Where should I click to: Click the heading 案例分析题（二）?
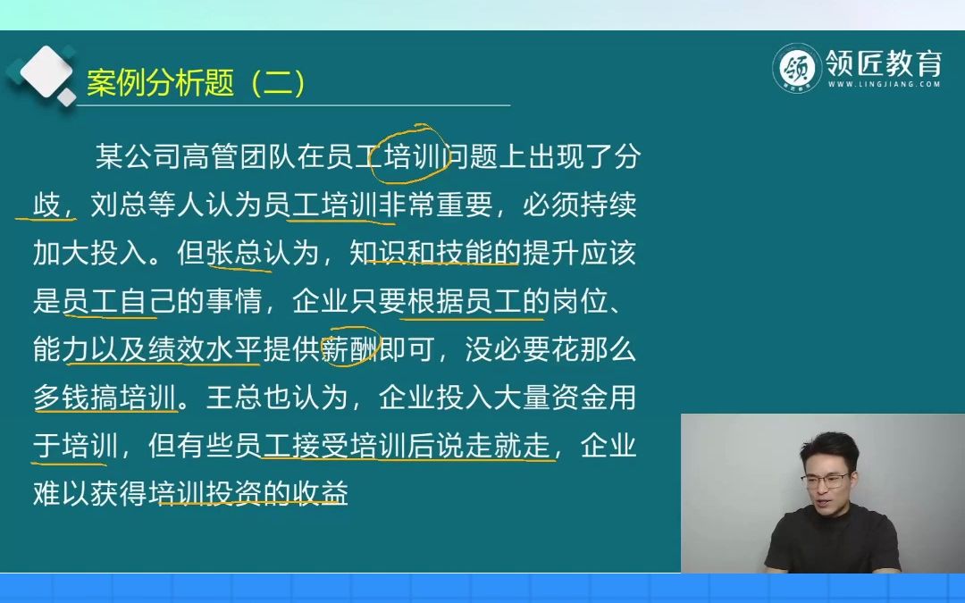coord(197,83)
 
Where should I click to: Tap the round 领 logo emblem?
coord(797,67)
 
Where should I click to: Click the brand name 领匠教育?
coord(882,63)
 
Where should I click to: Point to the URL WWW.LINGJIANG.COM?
coord(883,85)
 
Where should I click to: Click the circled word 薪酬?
coord(350,350)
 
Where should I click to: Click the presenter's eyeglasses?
coord(825,481)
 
